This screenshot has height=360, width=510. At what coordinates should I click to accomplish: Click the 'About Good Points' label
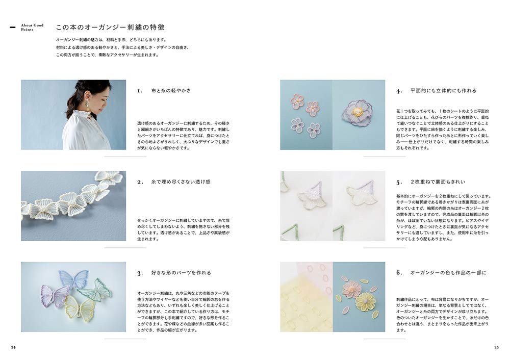tap(32, 28)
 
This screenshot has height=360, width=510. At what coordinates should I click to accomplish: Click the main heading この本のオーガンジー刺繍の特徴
tap(110, 28)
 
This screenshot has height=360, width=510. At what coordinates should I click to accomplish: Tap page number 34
tap(13, 347)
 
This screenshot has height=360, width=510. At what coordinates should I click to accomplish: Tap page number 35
tap(496, 347)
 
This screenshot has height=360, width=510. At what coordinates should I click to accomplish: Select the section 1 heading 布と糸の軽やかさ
tap(171, 91)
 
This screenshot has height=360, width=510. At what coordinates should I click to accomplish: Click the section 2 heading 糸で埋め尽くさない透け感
tap(181, 182)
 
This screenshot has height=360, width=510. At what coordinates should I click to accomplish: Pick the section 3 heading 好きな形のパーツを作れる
tap(181, 273)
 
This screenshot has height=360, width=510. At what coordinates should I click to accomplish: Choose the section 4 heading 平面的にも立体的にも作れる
tap(443, 91)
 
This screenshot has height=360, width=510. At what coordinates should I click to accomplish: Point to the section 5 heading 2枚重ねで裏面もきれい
tap(438, 182)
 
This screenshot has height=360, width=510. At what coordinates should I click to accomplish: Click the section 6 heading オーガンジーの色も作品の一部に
tap(448, 273)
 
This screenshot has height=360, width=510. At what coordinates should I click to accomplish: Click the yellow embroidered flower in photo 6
tap(366, 301)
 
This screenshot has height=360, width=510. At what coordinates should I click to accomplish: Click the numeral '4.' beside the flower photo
tap(399, 91)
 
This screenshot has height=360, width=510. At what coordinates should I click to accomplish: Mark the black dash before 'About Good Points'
tap(13, 28)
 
